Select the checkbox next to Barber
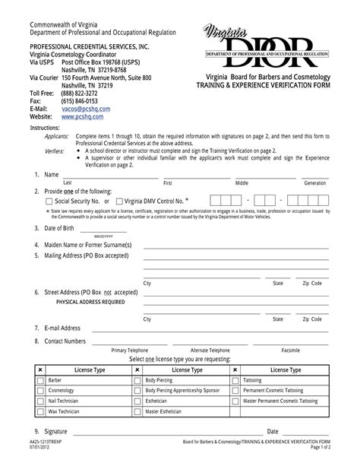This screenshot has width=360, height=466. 40,379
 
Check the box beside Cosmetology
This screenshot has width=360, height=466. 40,390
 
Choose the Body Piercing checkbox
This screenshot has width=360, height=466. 137,379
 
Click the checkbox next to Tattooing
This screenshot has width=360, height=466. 235,379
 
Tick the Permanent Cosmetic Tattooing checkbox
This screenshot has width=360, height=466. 235,390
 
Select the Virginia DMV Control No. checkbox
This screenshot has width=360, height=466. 118,201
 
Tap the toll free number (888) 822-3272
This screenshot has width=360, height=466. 79,93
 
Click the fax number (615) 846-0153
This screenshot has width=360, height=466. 79,100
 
